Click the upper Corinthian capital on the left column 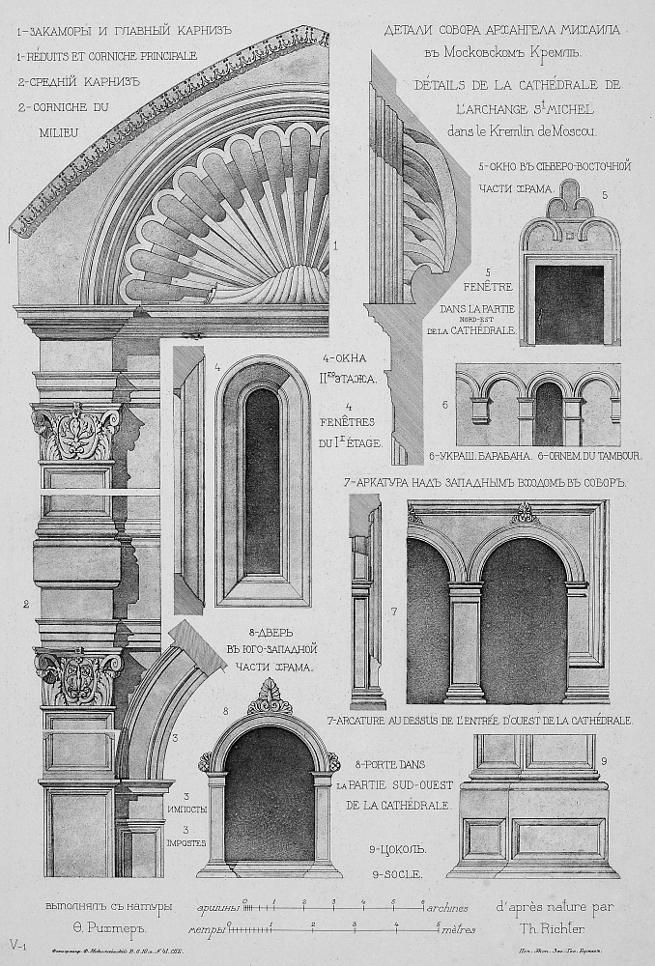coord(75,431)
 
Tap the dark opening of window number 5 coord(568,303)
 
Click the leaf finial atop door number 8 coord(270,696)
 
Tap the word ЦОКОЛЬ coord(398,850)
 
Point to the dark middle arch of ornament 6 coord(549,413)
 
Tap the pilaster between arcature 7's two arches coord(465,643)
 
